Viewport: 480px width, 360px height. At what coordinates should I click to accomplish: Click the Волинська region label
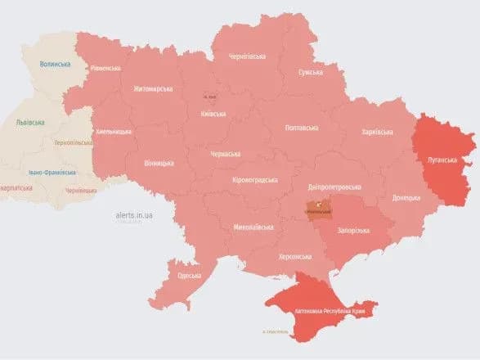click(x=56, y=64)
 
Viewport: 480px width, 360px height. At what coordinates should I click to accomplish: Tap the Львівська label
click(x=31, y=123)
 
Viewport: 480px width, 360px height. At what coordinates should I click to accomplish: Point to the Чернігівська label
click(x=247, y=56)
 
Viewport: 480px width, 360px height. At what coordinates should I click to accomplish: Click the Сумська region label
click(x=311, y=72)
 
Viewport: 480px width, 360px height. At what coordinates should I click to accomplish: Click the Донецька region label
click(x=406, y=197)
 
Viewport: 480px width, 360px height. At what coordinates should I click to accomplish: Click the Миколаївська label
click(x=253, y=227)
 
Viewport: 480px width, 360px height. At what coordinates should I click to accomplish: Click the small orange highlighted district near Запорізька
click(x=319, y=210)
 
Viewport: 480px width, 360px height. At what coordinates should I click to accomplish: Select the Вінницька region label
click(x=158, y=163)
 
